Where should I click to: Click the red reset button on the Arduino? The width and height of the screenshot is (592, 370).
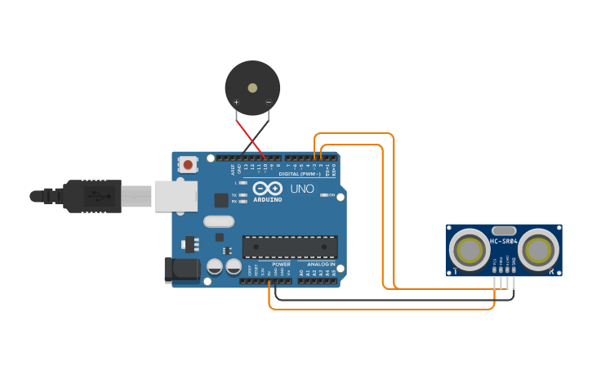188,165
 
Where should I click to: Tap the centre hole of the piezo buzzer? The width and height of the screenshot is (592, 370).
252,87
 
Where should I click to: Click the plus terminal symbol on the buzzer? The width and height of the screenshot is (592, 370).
237,103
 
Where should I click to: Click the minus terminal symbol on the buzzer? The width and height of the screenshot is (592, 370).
269,103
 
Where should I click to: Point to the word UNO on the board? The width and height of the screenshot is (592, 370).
302,189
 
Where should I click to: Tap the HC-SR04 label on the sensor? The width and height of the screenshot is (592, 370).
504,242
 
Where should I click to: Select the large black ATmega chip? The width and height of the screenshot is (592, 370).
290,247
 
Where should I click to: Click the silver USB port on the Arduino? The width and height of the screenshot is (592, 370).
176,196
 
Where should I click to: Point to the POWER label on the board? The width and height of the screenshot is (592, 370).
281,265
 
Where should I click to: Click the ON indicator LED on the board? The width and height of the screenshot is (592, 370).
324,195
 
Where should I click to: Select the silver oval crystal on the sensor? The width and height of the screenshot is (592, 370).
504,231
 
